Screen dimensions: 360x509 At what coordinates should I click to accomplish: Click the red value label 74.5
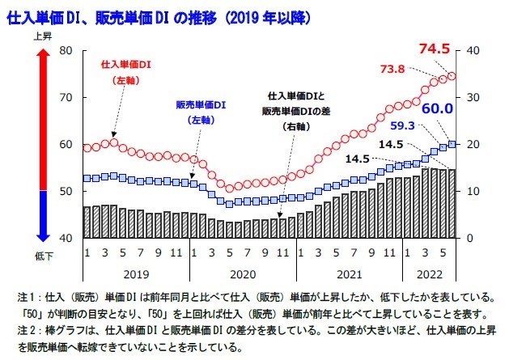pyautogui.click(x=434, y=49)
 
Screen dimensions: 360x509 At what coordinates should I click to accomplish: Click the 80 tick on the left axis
pyautogui.click(x=67, y=50)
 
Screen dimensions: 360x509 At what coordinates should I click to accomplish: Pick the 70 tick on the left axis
pyautogui.click(x=67, y=97)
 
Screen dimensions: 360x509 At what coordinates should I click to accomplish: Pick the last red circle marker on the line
pyautogui.click(x=452, y=76)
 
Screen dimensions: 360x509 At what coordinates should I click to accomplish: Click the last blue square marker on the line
pyautogui.click(x=452, y=144)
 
